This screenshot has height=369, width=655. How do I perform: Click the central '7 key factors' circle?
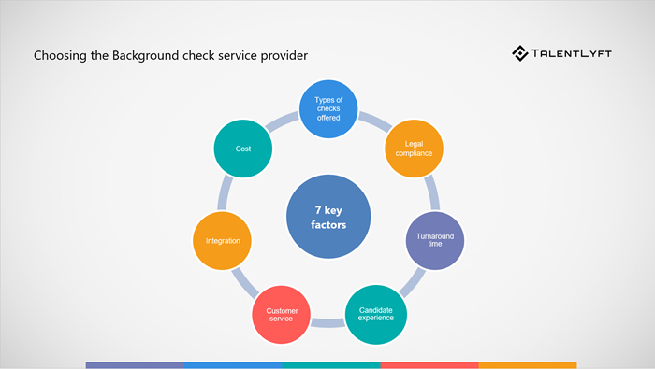(x=327, y=219)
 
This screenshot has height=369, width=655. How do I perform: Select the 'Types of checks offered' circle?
(x=327, y=108)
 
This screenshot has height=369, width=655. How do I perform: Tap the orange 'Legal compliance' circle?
(x=415, y=148)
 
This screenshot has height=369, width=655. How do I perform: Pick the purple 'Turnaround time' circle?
(x=435, y=241)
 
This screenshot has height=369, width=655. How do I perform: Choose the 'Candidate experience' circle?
(x=375, y=312)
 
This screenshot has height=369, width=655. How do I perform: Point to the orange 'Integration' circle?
(x=222, y=241)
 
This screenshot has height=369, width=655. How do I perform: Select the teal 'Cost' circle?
(x=242, y=148)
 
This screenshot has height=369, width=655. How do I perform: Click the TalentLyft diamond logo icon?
(x=520, y=53)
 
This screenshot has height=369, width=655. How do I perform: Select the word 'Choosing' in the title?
(x=59, y=56)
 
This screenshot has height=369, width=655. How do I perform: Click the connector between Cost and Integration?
(x=225, y=194)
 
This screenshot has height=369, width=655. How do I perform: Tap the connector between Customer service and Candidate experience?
(x=327, y=323)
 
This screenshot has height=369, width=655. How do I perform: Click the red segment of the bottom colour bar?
(x=429, y=365)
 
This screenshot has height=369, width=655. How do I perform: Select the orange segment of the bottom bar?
(x=528, y=365)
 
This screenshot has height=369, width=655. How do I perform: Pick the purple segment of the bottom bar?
(x=135, y=365)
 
